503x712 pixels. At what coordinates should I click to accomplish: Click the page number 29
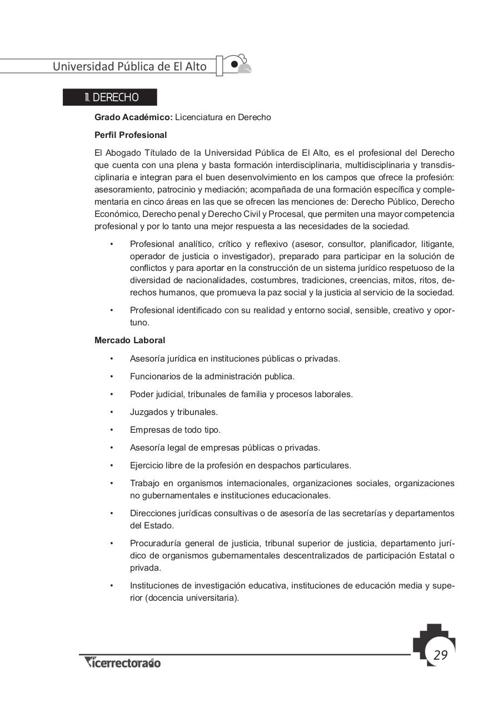(440, 655)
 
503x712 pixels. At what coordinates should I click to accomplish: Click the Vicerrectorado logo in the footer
(122, 662)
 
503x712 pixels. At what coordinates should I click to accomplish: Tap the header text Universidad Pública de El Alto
(130, 66)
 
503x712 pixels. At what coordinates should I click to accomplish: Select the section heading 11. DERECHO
(111, 97)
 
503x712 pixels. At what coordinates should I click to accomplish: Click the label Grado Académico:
(133, 117)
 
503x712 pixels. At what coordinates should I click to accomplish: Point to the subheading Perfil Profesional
(131, 135)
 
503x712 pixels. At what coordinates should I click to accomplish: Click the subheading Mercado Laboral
(130, 340)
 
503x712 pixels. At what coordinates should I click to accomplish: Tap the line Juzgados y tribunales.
(173, 412)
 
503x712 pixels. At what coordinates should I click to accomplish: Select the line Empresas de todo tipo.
(175, 429)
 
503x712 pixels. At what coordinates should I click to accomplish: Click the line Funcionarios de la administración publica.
(212, 376)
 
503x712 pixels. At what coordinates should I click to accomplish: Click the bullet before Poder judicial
(112, 394)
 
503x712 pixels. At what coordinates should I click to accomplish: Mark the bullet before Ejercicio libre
(112, 466)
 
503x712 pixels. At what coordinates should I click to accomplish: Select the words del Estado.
(144, 525)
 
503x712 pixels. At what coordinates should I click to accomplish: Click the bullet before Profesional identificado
(112, 310)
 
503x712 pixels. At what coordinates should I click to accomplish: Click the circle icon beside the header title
(235, 64)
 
